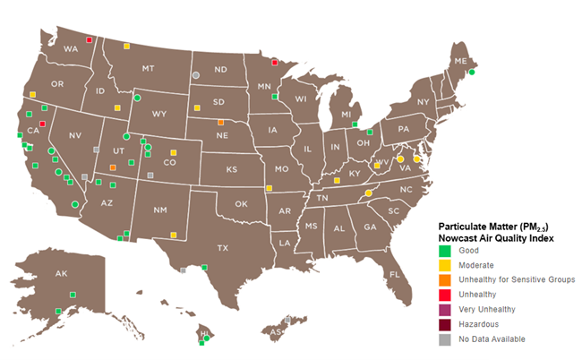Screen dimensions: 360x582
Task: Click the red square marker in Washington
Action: point(89,39)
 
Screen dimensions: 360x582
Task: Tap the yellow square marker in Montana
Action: point(127,46)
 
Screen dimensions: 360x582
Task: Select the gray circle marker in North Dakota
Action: point(195,75)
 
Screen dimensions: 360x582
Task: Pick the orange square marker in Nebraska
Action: point(221,123)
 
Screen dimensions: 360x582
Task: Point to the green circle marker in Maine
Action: point(471,73)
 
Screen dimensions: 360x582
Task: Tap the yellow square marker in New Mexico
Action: point(174,236)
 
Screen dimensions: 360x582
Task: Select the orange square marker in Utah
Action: point(113,167)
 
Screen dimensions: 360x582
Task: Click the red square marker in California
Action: point(42,124)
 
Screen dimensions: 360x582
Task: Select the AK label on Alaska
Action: point(61,273)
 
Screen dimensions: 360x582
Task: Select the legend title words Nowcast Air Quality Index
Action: point(495,238)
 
